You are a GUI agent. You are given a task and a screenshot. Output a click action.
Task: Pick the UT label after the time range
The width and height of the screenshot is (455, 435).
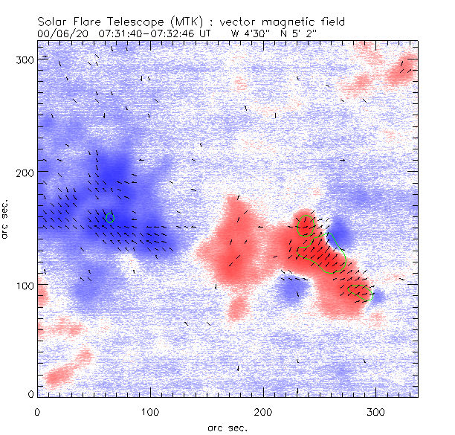pos(205,33)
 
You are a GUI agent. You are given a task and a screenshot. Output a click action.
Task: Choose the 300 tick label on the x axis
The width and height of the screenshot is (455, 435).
pos(375,410)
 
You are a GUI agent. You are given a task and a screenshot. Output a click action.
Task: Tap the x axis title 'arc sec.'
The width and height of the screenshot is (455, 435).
pos(227,428)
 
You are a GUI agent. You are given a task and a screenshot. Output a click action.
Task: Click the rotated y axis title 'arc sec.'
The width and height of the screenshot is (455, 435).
pos(6,219)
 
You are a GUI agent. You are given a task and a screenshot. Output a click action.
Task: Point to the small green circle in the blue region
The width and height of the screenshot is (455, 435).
pos(110,217)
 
